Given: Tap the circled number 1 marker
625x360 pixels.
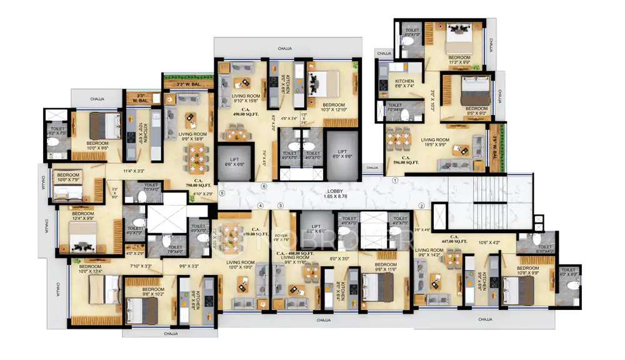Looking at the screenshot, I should pyautogui.click(x=394, y=180).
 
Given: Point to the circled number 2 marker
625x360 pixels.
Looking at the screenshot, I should pyautogui.click(x=421, y=206).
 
